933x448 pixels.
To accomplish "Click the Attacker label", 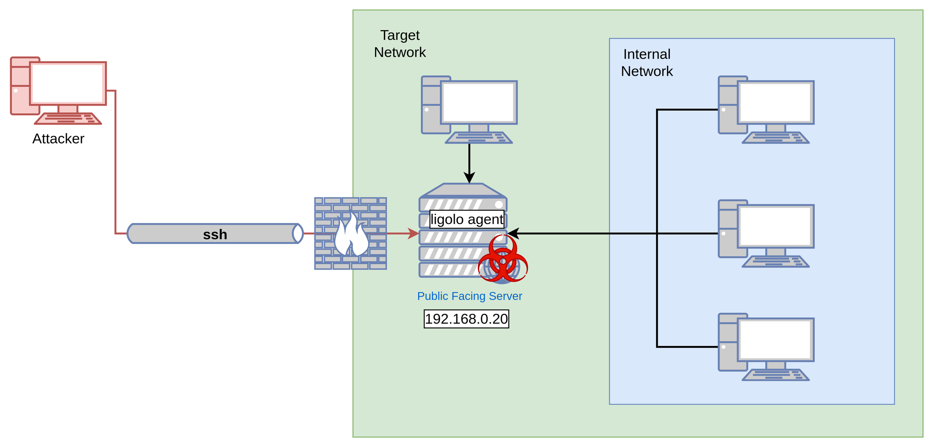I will (58, 139).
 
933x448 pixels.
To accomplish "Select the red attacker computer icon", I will (59, 90).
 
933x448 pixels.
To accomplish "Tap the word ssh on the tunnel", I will (215, 234).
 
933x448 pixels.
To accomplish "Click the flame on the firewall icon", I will (351, 237).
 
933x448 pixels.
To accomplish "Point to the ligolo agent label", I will (466, 219).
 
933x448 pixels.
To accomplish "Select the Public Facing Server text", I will (469, 296).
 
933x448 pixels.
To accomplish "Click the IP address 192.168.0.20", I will (466, 319).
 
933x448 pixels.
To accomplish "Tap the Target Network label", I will (400, 44).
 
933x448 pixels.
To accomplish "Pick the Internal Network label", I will (647, 63).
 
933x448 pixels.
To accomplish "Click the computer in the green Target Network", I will (469, 109).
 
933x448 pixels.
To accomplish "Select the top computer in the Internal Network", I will (766, 109).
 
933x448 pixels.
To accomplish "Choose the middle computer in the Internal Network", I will (766, 234).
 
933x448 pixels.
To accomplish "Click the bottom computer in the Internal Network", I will (766, 347).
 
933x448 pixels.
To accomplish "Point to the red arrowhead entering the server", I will (413, 234).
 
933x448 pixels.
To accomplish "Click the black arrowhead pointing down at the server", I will (469, 178).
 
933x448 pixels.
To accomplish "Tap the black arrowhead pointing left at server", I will (513, 234).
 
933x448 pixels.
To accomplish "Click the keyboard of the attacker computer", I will (68, 119).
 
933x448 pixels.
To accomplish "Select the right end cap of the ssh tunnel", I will (298, 234).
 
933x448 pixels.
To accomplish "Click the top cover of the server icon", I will (463, 190).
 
